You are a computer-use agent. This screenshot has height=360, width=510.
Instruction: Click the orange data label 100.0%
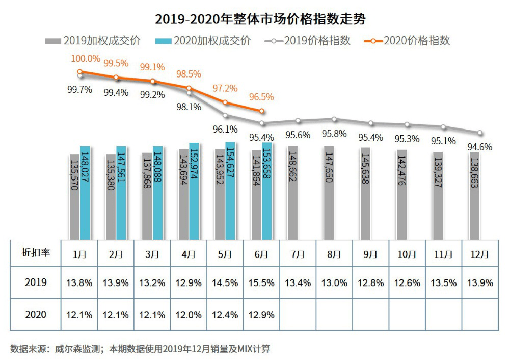85,59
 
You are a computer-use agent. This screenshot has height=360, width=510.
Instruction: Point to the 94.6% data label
480,147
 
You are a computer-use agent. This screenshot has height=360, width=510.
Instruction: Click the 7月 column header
298,254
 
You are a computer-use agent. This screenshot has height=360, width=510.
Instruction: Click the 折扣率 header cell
35,253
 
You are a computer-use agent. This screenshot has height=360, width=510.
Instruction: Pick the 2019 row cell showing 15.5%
261,282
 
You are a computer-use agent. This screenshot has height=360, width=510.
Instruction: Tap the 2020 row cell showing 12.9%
261,315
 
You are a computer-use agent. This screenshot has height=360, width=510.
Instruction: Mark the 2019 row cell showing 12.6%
407,282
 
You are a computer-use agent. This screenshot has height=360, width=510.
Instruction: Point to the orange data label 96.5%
261,96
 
